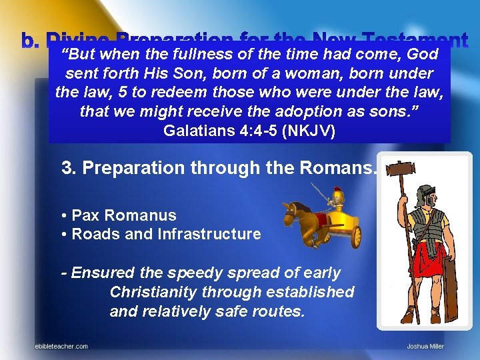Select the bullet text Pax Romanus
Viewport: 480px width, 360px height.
tap(123, 215)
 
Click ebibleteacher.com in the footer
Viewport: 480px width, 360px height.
tap(61, 346)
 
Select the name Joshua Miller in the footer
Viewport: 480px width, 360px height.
tap(425, 346)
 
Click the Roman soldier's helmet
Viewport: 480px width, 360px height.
tap(425, 195)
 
